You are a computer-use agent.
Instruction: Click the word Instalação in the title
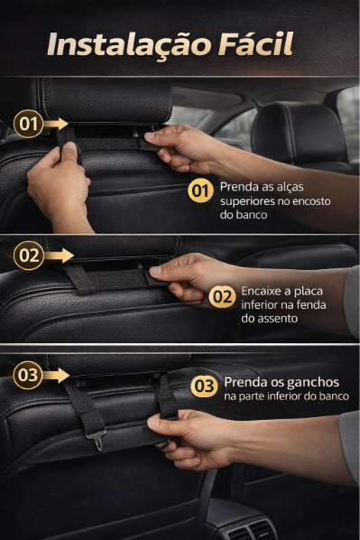click(x=129, y=45)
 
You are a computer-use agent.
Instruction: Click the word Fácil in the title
click(x=255, y=43)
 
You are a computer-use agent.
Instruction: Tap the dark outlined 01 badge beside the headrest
click(x=28, y=124)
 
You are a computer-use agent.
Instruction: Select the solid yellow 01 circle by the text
click(x=200, y=191)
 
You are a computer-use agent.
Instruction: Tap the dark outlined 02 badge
click(x=29, y=256)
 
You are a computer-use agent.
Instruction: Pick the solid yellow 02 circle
click(x=222, y=296)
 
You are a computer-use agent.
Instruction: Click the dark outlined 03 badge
click(x=28, y=375)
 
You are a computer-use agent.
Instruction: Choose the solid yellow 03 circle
click(x=204, y=386)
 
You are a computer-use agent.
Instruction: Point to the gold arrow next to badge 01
click(x=55, y=124)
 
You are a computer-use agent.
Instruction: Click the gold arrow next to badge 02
click(x=59, y=256)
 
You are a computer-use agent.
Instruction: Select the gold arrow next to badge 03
click(x=56, y=375)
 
